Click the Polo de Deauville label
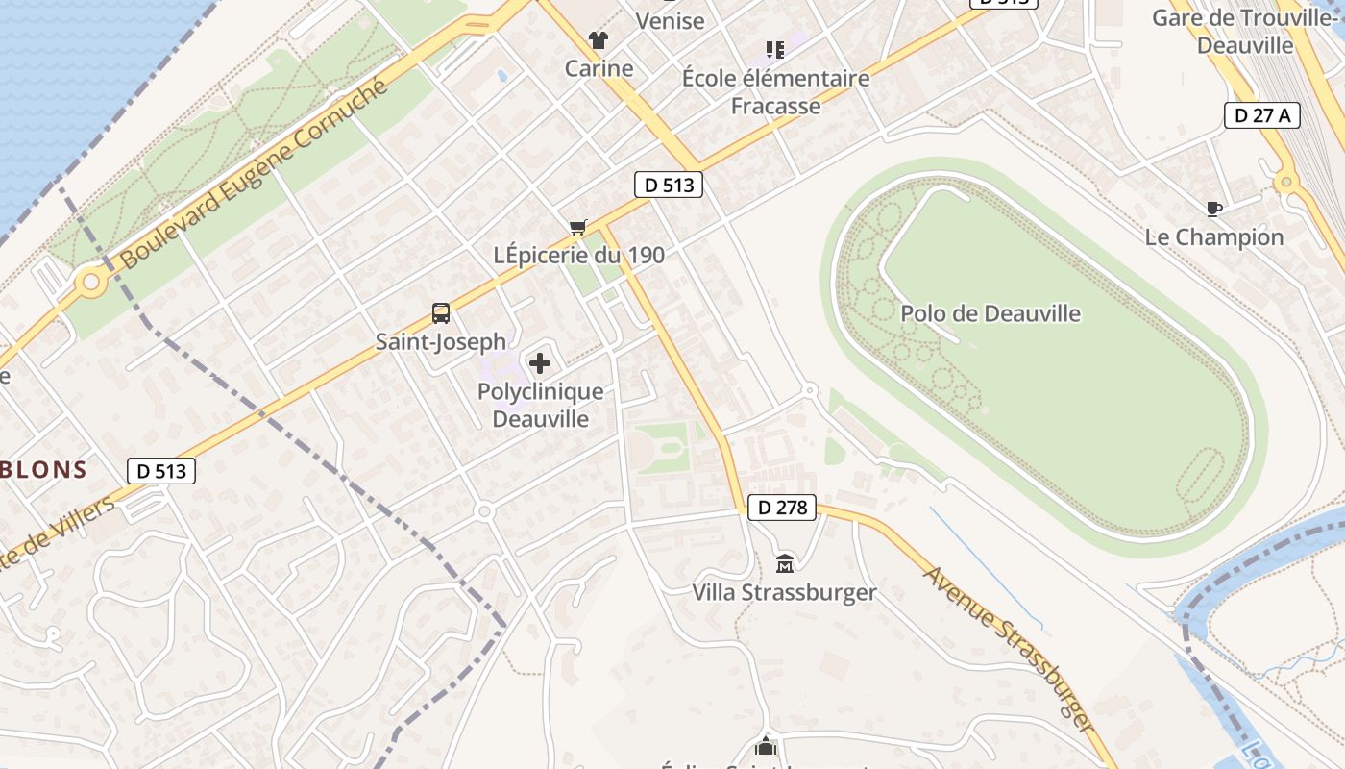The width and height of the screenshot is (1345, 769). pyautogui.click(x=990, y=313)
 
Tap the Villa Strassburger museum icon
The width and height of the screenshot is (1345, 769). pyautogui.click(x=785, y=562)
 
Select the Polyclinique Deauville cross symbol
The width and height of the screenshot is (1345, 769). pyautogui.click(x=540, y=363)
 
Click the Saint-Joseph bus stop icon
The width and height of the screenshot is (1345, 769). pyautogui.click(x=441, y=312)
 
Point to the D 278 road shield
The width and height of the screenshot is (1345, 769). pyautogui.click(x=781, y=508)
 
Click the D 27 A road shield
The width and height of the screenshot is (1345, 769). pyautogui.click(x=1262, y=116)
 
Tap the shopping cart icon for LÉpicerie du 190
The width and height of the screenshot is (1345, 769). pyautogui.click(x=577, y=227)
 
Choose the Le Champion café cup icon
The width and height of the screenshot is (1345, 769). pyautogui.click(x=1214, y=209)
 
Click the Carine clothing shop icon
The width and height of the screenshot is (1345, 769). pyautogui.click(x=599, y=40)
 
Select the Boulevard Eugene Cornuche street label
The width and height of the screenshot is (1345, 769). pyautogui.click(x=255, y=174)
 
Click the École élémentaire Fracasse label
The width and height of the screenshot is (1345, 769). pyautogui.click(x=776, y=91)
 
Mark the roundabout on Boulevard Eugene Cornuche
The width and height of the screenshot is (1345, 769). pyautogui.click(x=92, y=283)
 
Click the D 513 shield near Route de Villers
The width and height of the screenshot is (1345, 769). pyautogui.click(x=161, y=471)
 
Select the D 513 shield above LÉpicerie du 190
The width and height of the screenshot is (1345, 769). pyautogui.click(x=669, y=186)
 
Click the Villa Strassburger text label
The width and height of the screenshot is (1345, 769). pyautogui.click(x=785, y=592)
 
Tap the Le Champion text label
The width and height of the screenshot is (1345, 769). pyautogui.click(x=1214, y=237)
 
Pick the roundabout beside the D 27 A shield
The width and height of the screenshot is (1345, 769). pyautogui.click(x=1286, y=183)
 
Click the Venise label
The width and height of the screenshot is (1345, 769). pyautogui.click(x=670, y=20)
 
